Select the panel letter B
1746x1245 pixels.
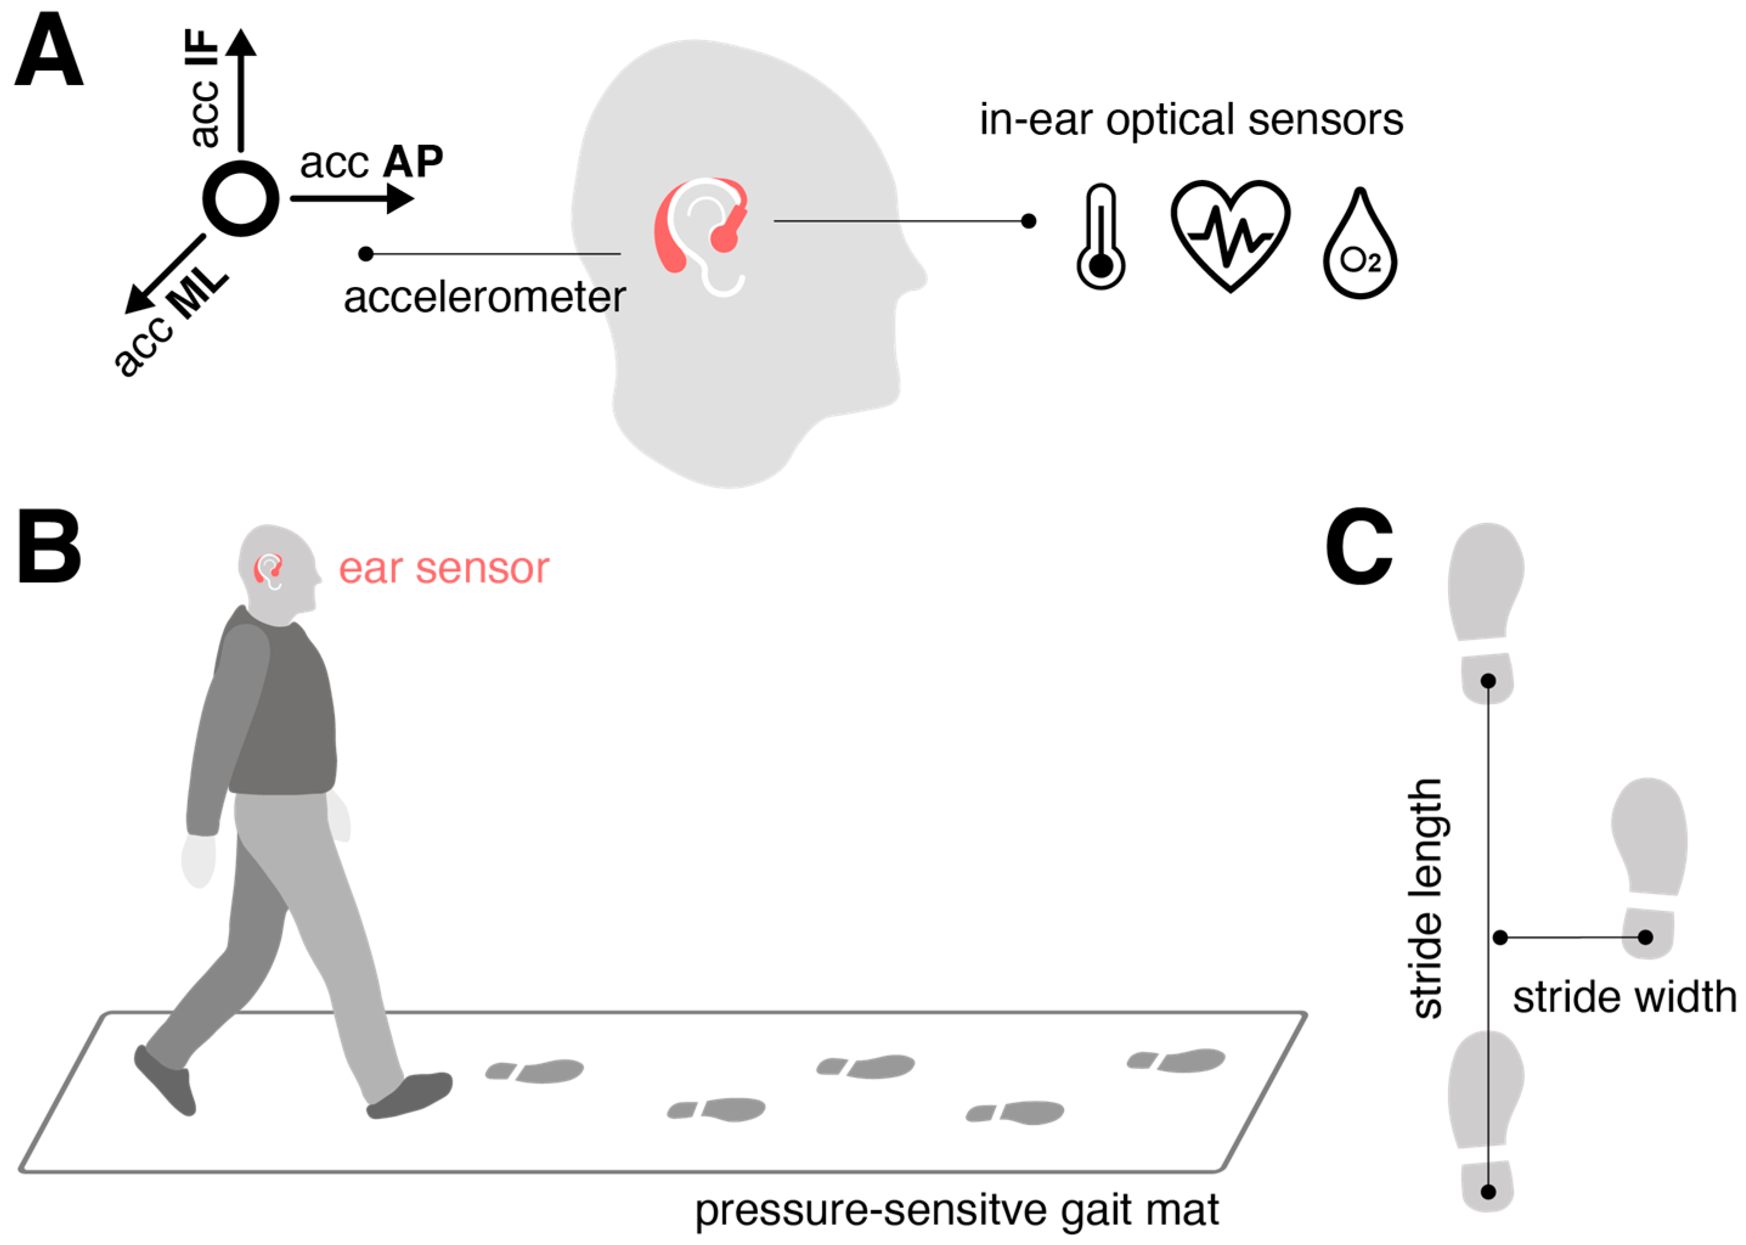point(49,547)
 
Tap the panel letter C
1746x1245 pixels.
point(1358,546)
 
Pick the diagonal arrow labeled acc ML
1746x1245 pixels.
point(164,274)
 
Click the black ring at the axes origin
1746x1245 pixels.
point(241,199)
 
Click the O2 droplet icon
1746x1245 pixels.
point(1359,246)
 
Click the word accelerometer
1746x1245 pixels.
point(484,297)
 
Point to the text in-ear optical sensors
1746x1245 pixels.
point(1191,120)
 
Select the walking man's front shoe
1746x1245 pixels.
point(410,1094)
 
